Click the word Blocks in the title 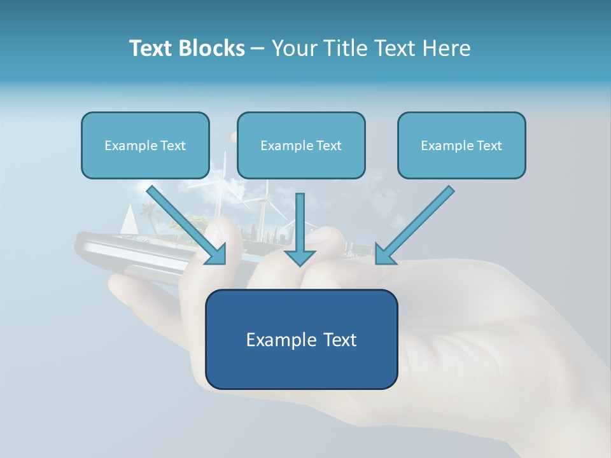click(213, 48)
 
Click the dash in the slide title click(258, 49)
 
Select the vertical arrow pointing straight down click(300, 229)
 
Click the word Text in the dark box click(339, 340)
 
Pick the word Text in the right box click(489, 146)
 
